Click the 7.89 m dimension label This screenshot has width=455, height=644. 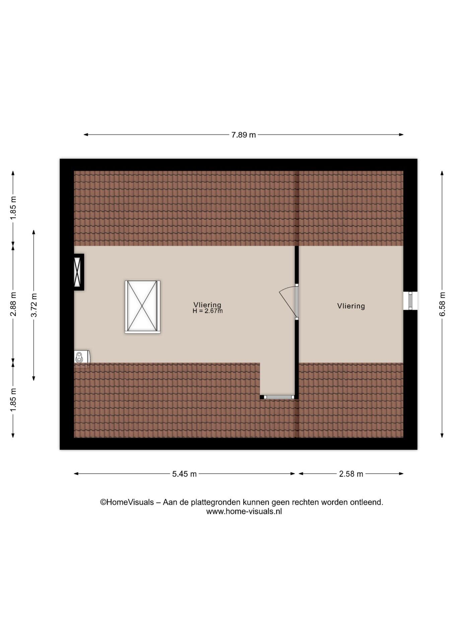(x=244, y=135)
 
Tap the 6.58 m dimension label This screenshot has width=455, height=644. (x=442, y=304)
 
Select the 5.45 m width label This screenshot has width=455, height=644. (x=184, y=474)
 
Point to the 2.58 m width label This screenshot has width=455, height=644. (x=351, y=474)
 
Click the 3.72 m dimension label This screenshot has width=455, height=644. (x=34, y=305)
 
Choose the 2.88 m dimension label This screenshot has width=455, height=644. (x=13, y=304)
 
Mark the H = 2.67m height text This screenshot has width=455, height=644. (x=208, y=311)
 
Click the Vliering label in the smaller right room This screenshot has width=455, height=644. (x=351, y=306)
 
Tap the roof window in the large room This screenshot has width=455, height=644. (x=142, y=307)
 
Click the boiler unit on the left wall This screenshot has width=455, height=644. (x=82, y=357)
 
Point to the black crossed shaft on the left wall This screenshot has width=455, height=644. (x=79, y=272)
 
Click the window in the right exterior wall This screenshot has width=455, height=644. (x=410, y=301)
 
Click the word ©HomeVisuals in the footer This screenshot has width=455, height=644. (x=127, y=502)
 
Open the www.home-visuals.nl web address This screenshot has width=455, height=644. (x=244, y=512)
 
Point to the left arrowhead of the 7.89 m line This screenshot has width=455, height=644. (x=86, y=135)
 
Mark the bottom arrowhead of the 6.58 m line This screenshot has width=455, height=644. (x=442, y=435)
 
